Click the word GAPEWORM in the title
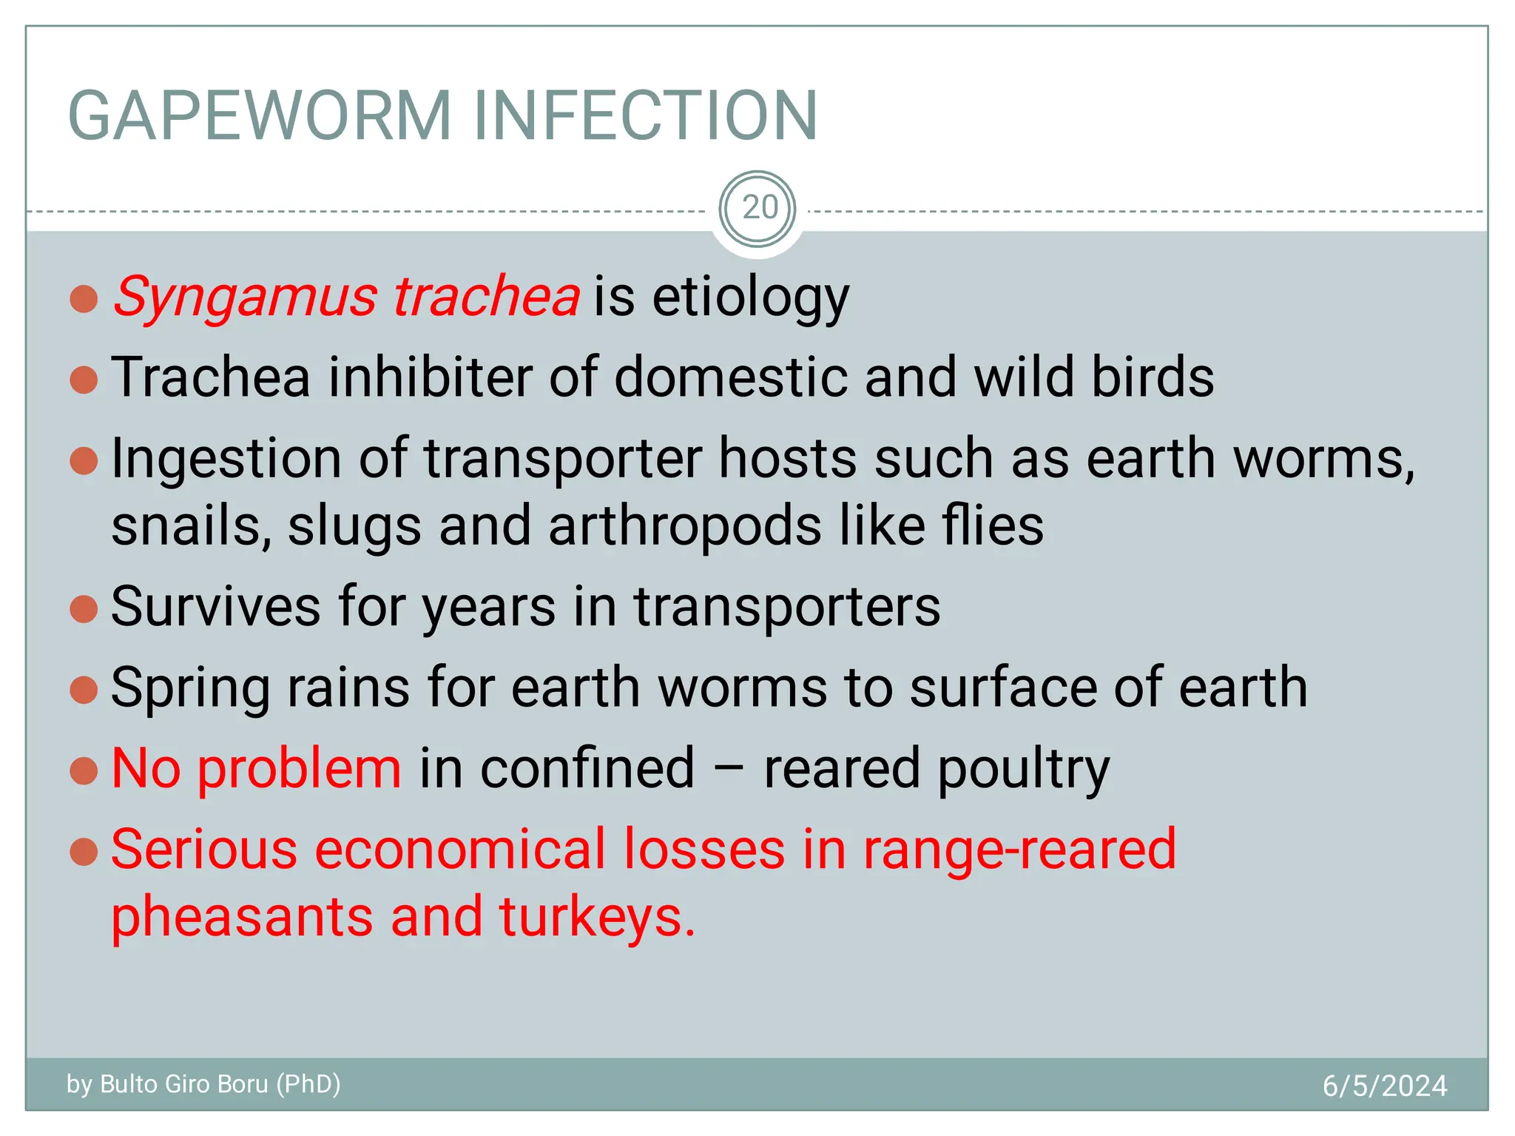260,115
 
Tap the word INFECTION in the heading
645,115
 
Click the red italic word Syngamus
245,298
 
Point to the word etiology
750,298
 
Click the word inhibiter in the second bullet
430,377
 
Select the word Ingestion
226,459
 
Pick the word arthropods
685,526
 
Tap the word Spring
190,688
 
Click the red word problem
300,769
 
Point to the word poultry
1024,770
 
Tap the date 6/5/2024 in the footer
1384,1086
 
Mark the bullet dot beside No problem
84,770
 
